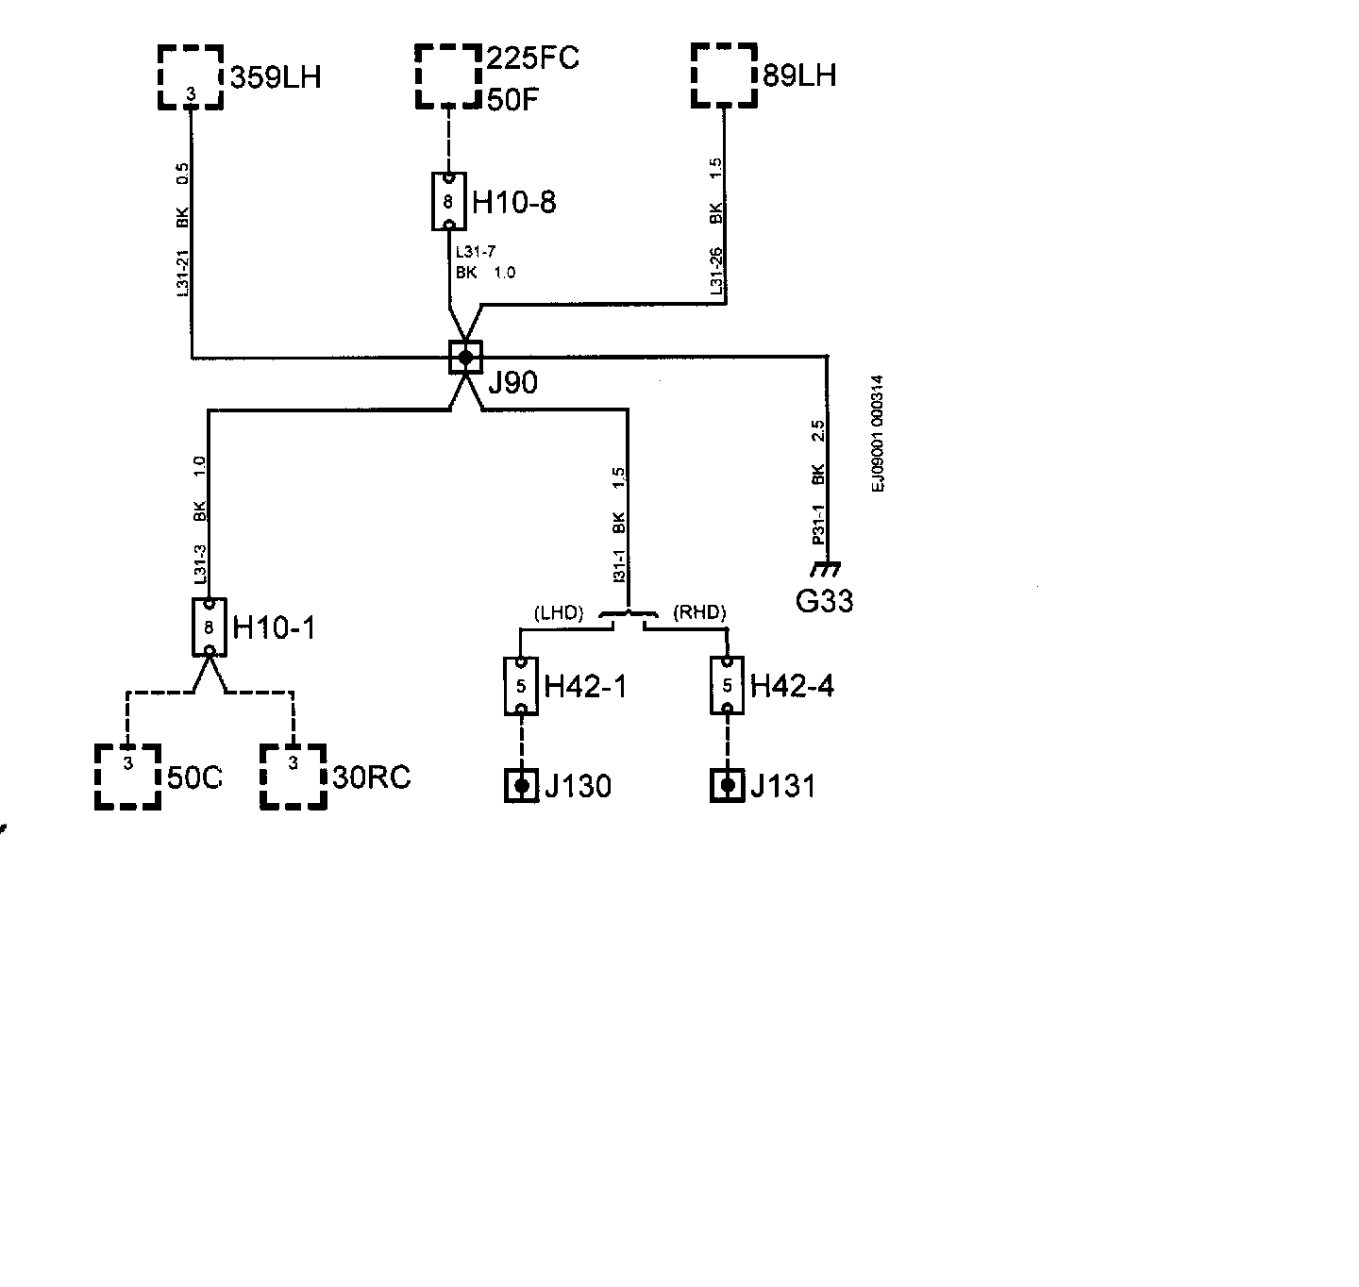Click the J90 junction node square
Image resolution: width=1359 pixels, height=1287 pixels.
click(464, 358)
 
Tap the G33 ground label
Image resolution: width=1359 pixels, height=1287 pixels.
click(824, 600)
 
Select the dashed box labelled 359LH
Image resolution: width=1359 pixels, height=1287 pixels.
click(191, 75)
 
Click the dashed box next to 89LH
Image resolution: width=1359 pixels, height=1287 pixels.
click(724, 75)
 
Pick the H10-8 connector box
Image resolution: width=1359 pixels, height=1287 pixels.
click(448, 201)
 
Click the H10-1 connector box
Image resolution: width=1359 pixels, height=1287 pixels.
click(209, 627)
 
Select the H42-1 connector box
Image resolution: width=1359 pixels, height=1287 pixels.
click(520, 686)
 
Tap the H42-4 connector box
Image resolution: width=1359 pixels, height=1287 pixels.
click(727, 686)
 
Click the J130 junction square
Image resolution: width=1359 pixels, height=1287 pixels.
click(521, 785)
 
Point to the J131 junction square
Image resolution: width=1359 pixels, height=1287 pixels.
click(727, 785)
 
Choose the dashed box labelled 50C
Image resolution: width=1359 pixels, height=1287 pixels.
click(127, 777)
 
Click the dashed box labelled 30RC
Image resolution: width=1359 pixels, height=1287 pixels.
click(294, 777)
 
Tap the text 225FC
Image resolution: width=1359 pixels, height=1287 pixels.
click(533, 58)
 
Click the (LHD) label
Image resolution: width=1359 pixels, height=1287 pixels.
click(559, 612)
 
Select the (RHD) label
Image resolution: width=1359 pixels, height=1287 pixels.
click(699, 612)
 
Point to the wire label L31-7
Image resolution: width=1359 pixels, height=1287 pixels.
click(476, 252)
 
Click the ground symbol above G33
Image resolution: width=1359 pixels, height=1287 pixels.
click(826, 569)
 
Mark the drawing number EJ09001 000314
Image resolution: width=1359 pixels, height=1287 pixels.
click(877, 433)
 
